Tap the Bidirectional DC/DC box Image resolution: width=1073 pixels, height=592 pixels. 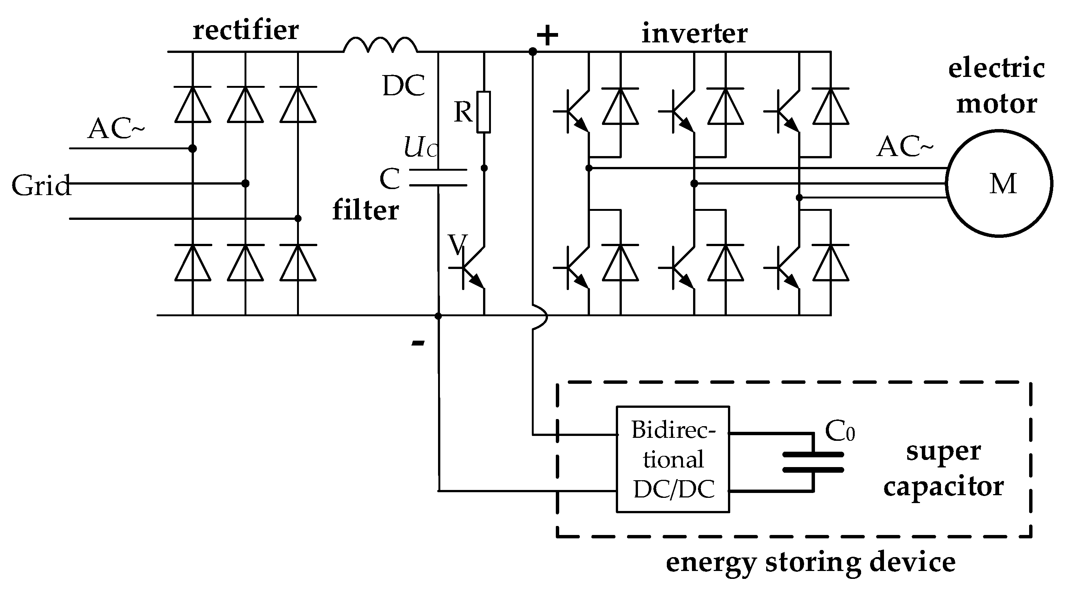(672, 459)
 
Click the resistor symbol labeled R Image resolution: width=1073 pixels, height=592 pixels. (483, 112)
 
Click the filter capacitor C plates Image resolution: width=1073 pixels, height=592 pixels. (438, 177)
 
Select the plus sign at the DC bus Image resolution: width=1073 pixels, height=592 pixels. (547, 35)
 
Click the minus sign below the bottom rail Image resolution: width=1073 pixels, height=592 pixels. (418, 343)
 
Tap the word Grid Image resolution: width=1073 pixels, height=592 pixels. (41, 185)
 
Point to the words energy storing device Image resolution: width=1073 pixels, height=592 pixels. (810, 562)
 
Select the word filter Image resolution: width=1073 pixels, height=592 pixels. (365, 210)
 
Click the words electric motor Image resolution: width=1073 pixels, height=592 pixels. (996, 86)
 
